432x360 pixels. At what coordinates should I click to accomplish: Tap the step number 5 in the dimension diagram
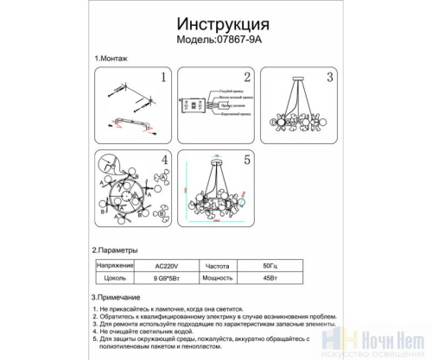point(245,161)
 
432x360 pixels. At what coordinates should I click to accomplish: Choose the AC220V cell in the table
point(164,267)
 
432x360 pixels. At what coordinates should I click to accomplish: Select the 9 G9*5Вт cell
point(165,279)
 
